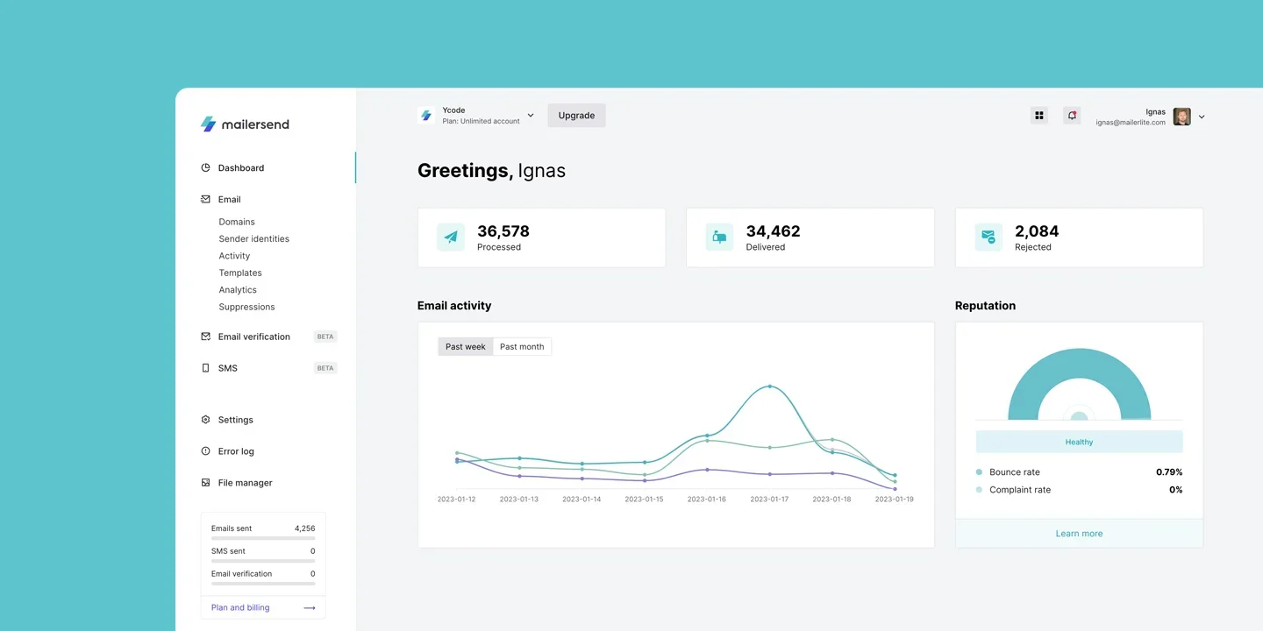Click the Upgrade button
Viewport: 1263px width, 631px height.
click(x=576, y=116)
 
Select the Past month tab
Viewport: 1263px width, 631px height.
click(x=522, y=347)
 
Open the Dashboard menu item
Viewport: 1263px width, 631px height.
click(x=240, y=168)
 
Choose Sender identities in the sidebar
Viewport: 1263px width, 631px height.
click(x=253, y=239)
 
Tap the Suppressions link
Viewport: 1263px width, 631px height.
click(x=246, y=308)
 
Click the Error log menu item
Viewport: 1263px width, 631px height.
click(x=236, y=451)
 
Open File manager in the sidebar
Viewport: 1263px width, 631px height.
click(x=245, y=483)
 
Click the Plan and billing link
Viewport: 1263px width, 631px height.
click(x=240, y=607)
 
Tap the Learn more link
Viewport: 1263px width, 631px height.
click(x=1079, y=534)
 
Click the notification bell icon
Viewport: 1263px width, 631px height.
click(x=1072, y=116)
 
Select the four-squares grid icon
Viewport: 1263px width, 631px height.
click(x=1039, y=116)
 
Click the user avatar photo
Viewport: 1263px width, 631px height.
click(x=1181, y=117)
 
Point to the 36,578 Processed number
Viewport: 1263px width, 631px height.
click(x=503, y=231)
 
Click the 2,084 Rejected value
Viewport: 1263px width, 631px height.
click(x=1037, y=231)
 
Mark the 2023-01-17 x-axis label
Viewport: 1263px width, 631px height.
click(x=769, y=500)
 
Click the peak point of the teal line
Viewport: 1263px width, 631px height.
click(x=770, y=386)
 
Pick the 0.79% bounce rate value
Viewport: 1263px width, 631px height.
click(x=1169, y=472)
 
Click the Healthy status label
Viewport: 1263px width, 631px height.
click(x=1079, y=443)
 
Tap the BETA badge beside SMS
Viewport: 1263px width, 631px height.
click(x=325, y=368)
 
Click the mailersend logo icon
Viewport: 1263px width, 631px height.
click(x=208, y=124)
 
